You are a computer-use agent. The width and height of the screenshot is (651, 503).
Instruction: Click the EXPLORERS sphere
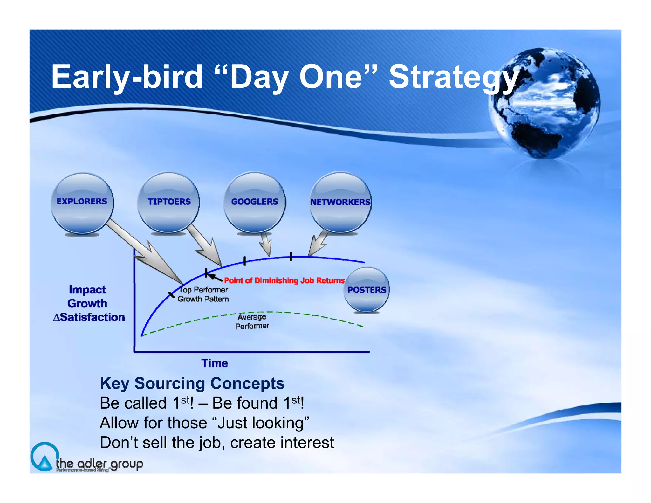click(x=82, y=203)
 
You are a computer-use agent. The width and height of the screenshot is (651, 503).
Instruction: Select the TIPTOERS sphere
click(x=169, y=203)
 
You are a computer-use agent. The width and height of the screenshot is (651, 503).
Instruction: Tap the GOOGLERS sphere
click(x=255, y=203)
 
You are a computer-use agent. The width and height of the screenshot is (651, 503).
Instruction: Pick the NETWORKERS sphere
click(x=340, y=203)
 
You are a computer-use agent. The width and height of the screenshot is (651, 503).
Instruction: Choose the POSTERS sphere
click(x=367, y=290)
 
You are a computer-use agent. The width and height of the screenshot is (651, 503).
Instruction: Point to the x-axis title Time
click(x=215, y=363)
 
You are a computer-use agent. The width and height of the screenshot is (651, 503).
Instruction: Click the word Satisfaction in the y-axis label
click(x=93, y=317)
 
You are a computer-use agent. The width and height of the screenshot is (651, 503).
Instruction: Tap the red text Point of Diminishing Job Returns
click(x=284, y=280)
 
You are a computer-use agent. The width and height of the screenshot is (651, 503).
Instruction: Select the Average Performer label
click(x=252, y=321)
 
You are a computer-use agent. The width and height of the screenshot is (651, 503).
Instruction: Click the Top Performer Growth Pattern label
click(x=203, y=294)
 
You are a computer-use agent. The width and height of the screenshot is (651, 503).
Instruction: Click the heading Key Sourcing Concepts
click(x=192, y=383)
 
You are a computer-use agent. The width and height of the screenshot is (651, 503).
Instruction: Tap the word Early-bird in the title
click(x=127, y=77)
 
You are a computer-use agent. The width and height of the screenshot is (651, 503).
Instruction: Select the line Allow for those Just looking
click(x=204, y=423)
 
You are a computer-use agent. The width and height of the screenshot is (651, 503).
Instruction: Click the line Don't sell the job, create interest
click(x=217, y=443)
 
